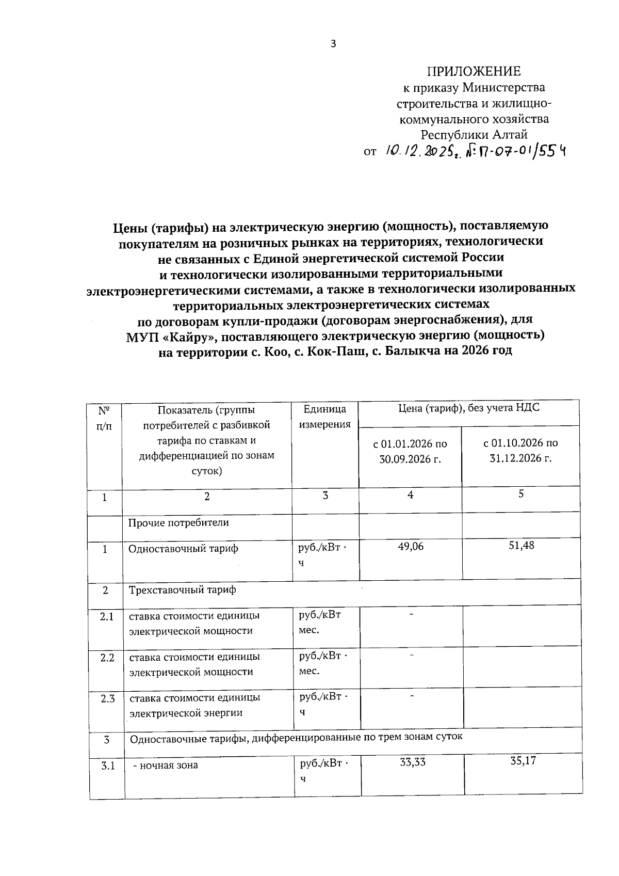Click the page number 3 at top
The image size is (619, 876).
point(333,44)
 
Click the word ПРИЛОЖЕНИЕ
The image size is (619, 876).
point(474,71)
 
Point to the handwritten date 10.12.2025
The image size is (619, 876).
point(418,151)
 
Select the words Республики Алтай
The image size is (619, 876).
point(474,135)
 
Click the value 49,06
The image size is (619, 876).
point(411,546)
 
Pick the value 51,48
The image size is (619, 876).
point(521,545)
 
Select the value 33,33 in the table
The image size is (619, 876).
point(413,762)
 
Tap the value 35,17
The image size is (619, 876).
point(523,761)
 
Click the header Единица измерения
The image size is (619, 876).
point(325,417)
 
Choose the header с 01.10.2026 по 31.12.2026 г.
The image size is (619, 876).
point(520,451)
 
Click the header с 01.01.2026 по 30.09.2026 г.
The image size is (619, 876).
point(410,451)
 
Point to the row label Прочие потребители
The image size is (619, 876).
point(178,522)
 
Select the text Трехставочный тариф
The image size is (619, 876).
point(182,590)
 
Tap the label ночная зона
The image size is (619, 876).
point(166,766)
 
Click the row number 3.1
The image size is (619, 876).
point(107,766)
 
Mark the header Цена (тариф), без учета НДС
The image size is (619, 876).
point(468,408)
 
